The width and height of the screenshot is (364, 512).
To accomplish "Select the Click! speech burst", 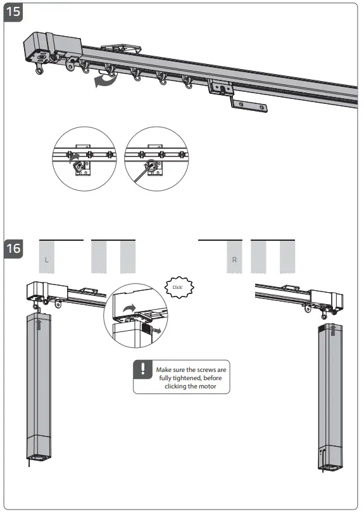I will coord(177,287).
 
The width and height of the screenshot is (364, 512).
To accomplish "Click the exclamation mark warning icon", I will coord(144,369).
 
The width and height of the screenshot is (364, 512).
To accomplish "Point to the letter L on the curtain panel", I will coord(46,260).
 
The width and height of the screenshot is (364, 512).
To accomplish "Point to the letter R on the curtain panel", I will coord(234,260).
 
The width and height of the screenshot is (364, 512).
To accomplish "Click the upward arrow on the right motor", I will coord(333,329).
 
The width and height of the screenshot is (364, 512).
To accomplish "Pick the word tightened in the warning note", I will coord(185,378).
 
